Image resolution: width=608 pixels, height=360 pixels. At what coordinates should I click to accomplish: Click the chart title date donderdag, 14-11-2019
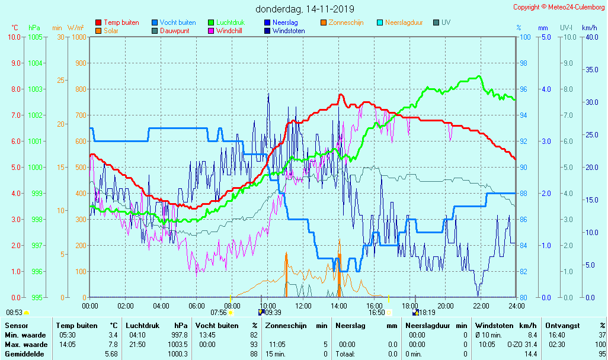pos(305,9)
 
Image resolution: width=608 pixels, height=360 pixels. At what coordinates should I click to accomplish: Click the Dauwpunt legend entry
pos(174,31)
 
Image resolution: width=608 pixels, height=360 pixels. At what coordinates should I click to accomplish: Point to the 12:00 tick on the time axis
pos(303,306)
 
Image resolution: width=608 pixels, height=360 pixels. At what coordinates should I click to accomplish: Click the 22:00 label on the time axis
pos(481,306)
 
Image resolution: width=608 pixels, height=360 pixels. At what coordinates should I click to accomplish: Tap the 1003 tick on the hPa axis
pos(35,89)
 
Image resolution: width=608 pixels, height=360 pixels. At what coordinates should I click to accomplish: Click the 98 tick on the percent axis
pos(524,63)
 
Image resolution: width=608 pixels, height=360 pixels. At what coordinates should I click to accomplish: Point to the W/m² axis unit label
pos(75,28)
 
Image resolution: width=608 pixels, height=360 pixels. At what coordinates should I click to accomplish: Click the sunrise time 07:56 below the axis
pos(219,313)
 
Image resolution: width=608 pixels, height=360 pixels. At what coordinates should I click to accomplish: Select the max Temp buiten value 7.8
pos(113,345)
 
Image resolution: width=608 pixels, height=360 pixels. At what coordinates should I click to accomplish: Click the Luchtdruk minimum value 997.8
pos(180,335)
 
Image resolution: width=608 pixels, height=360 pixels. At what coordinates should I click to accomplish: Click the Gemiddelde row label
pos(24,354)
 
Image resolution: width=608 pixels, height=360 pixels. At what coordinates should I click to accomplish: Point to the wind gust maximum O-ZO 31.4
pos(522,345)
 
